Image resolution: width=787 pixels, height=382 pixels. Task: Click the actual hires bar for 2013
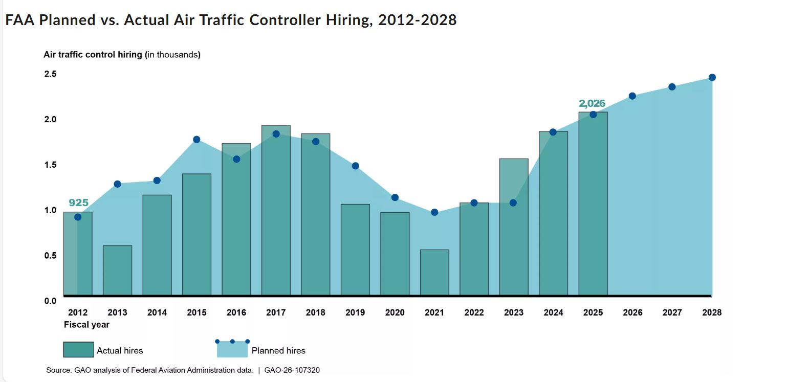117,271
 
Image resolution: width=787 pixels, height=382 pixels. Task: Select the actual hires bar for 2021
434,273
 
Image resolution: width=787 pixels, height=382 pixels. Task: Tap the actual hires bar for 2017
276,210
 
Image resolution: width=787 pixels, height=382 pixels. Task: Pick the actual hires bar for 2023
514,227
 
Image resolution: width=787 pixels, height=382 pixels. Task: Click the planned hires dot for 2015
196,140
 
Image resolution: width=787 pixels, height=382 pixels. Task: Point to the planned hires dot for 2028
712,78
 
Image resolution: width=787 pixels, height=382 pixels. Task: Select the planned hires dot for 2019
355,166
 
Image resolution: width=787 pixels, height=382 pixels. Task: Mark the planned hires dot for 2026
632,96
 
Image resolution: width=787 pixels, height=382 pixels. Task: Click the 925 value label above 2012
78,203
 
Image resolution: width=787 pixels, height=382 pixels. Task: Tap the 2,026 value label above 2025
592,104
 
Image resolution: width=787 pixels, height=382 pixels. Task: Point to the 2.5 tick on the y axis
50,74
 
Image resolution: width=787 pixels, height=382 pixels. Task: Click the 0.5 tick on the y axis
50,256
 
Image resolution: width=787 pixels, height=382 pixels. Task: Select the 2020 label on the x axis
395,312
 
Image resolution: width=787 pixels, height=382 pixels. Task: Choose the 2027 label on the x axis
672,312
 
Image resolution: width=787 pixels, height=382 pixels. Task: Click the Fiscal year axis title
86,325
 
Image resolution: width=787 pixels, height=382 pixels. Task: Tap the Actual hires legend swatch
78,350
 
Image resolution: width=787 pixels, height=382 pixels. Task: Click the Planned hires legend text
278,351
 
